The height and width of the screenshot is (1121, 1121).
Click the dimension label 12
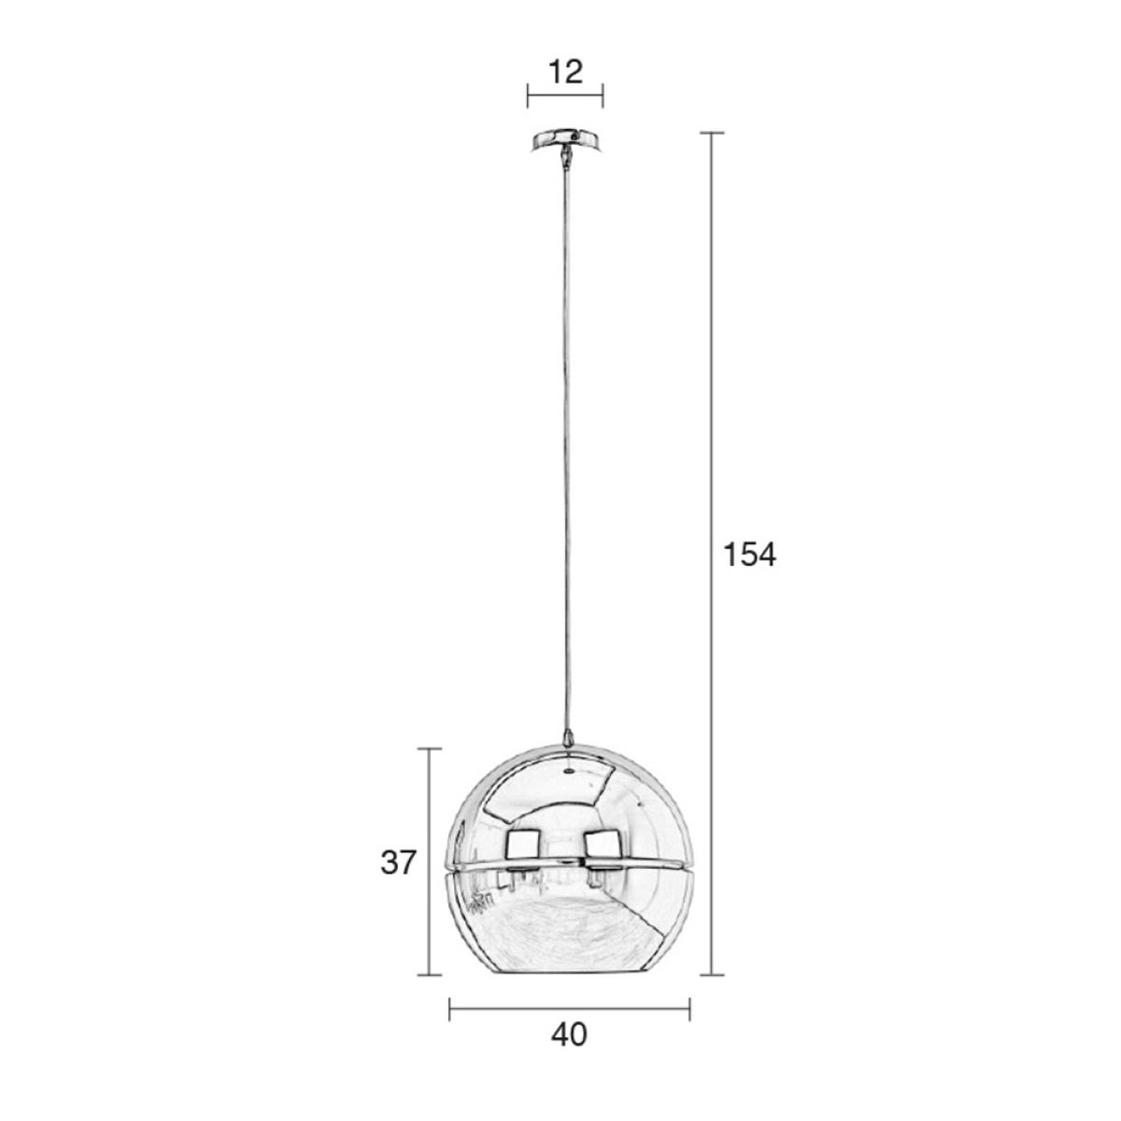pyautogui.click(x=565, y=72)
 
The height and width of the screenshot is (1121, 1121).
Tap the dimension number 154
pyautogui.click(x=748, y=554)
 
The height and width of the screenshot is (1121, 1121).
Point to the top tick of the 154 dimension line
pyautogui.click(x=712, y=134)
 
